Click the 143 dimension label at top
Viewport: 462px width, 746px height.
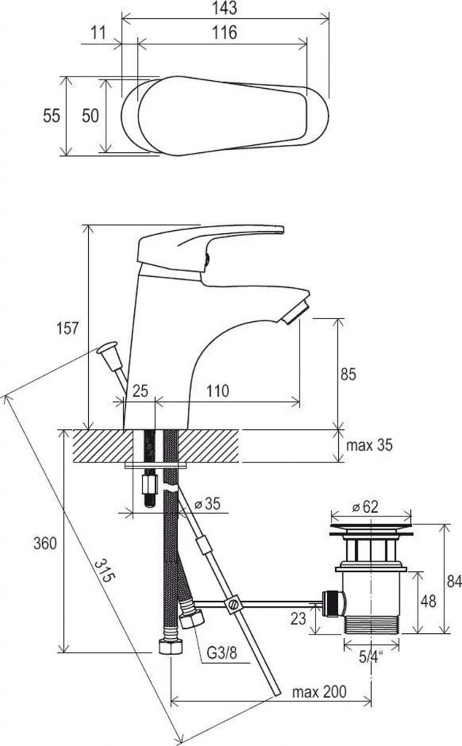pyautogui.click(x=225, y=7)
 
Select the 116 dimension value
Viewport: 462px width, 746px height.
pyautogui.click(x=224, y=32)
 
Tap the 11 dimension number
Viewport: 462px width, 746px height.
pyautogui.click(x=98, y=32)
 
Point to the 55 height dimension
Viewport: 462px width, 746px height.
pyautogui.click(x=52, y=116)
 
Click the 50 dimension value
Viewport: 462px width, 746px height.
pyautogui.click(x=90, y=116)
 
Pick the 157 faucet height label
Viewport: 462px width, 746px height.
pyautogui.click(x=68, y=329)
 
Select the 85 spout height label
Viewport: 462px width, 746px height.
pyautogui.click(x=348, y=374)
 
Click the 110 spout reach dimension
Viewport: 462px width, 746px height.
pyautogui.click(x=217, y=390)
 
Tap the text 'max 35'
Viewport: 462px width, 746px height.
pyautogui.click(x=369, y=445)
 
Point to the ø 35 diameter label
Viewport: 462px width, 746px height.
pyautogui.click(x=208, y=503)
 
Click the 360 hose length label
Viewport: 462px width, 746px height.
pyautogui.click(x=45, y=543)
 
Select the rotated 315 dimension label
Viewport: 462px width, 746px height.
pyautogui.click(x=104, y=570)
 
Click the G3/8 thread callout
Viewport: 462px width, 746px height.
pyautogui.click(x=222, y=652)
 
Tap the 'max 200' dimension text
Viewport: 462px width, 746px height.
pyautogui.click(x=319, y=691)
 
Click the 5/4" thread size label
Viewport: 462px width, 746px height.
pyautogui.click(x=372, y=657)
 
